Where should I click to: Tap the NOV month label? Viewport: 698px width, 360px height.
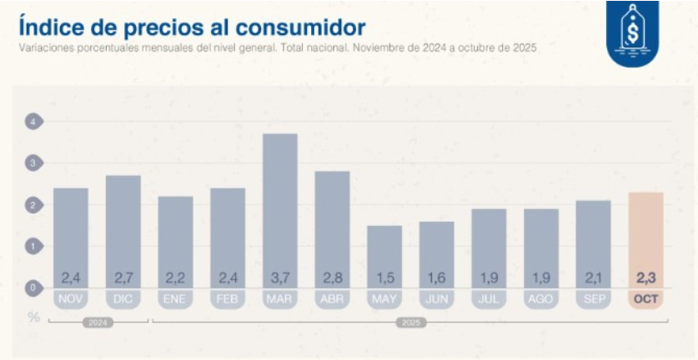click(71, 299)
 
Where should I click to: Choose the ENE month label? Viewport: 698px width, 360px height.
click(175, 299)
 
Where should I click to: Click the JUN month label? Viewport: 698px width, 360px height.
click(437, 299)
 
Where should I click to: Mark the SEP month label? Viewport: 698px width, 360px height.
click(593, 299)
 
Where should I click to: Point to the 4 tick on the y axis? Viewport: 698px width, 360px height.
click(33, 122)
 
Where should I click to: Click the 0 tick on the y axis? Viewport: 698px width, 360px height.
click(33, 288)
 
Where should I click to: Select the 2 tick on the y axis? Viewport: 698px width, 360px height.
click(33, 205)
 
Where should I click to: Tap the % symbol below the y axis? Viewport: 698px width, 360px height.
click(33, 317)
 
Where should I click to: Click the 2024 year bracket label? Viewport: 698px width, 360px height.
click(98, 322)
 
